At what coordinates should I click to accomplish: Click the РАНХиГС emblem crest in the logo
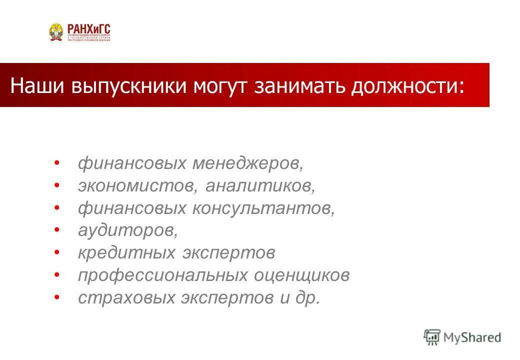[x=56, y=32]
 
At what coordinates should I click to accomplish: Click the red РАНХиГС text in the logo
[x=87, y=29]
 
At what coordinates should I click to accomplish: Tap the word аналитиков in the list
[x=260, y=186]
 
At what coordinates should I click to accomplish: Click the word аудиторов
[x=127, y=230]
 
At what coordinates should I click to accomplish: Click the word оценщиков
[x=302, y=275]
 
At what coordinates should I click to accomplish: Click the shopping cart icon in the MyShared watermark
[x=432, y=336]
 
